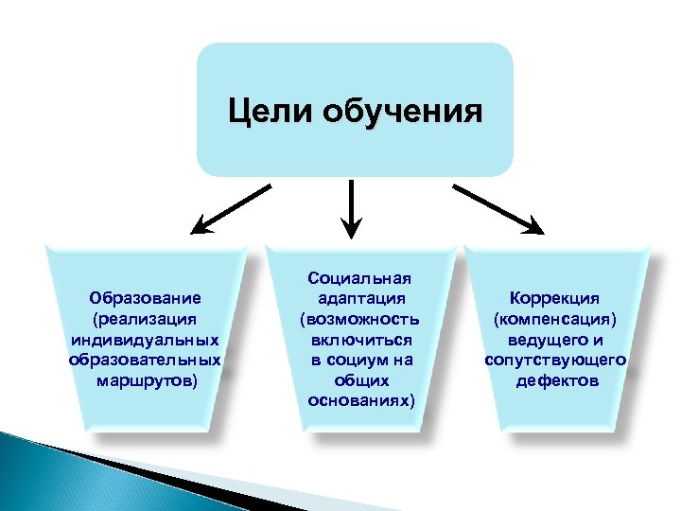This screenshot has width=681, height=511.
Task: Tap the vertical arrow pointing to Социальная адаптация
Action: pyautogui.click(x=352, y=208)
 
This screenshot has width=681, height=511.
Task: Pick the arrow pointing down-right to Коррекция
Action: pyautogui.click(x=498, y=208)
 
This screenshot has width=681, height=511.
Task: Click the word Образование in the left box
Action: pyautogui.click(x=147, y=299)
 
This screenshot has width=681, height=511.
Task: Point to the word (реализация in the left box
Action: pyautogui.click(x=147, y=319)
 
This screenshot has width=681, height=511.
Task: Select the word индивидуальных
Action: pyautogui.click(x=147, y=340)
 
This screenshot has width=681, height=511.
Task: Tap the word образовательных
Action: pyautogui.click(x=147, y=361)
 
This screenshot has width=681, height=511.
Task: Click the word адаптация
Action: pyautogui.click(x=360, y=298)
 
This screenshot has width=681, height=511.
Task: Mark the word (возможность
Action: pyautogui.click(x=360, y=319)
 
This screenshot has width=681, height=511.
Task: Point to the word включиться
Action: pyautogui.click(x=360, y=339)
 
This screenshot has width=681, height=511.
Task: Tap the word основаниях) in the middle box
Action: pyautogui.click(x=360, y=400)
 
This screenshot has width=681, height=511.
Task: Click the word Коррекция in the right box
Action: pyautogui.click(x=556, y=299)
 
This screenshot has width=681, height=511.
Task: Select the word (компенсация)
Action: pyautogui.click(x=556, y=319)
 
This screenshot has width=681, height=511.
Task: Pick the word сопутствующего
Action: pyautogui.click(x=556, y=361)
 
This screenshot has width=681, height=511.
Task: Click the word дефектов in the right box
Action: pyautogui.click(x=556, y=381)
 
